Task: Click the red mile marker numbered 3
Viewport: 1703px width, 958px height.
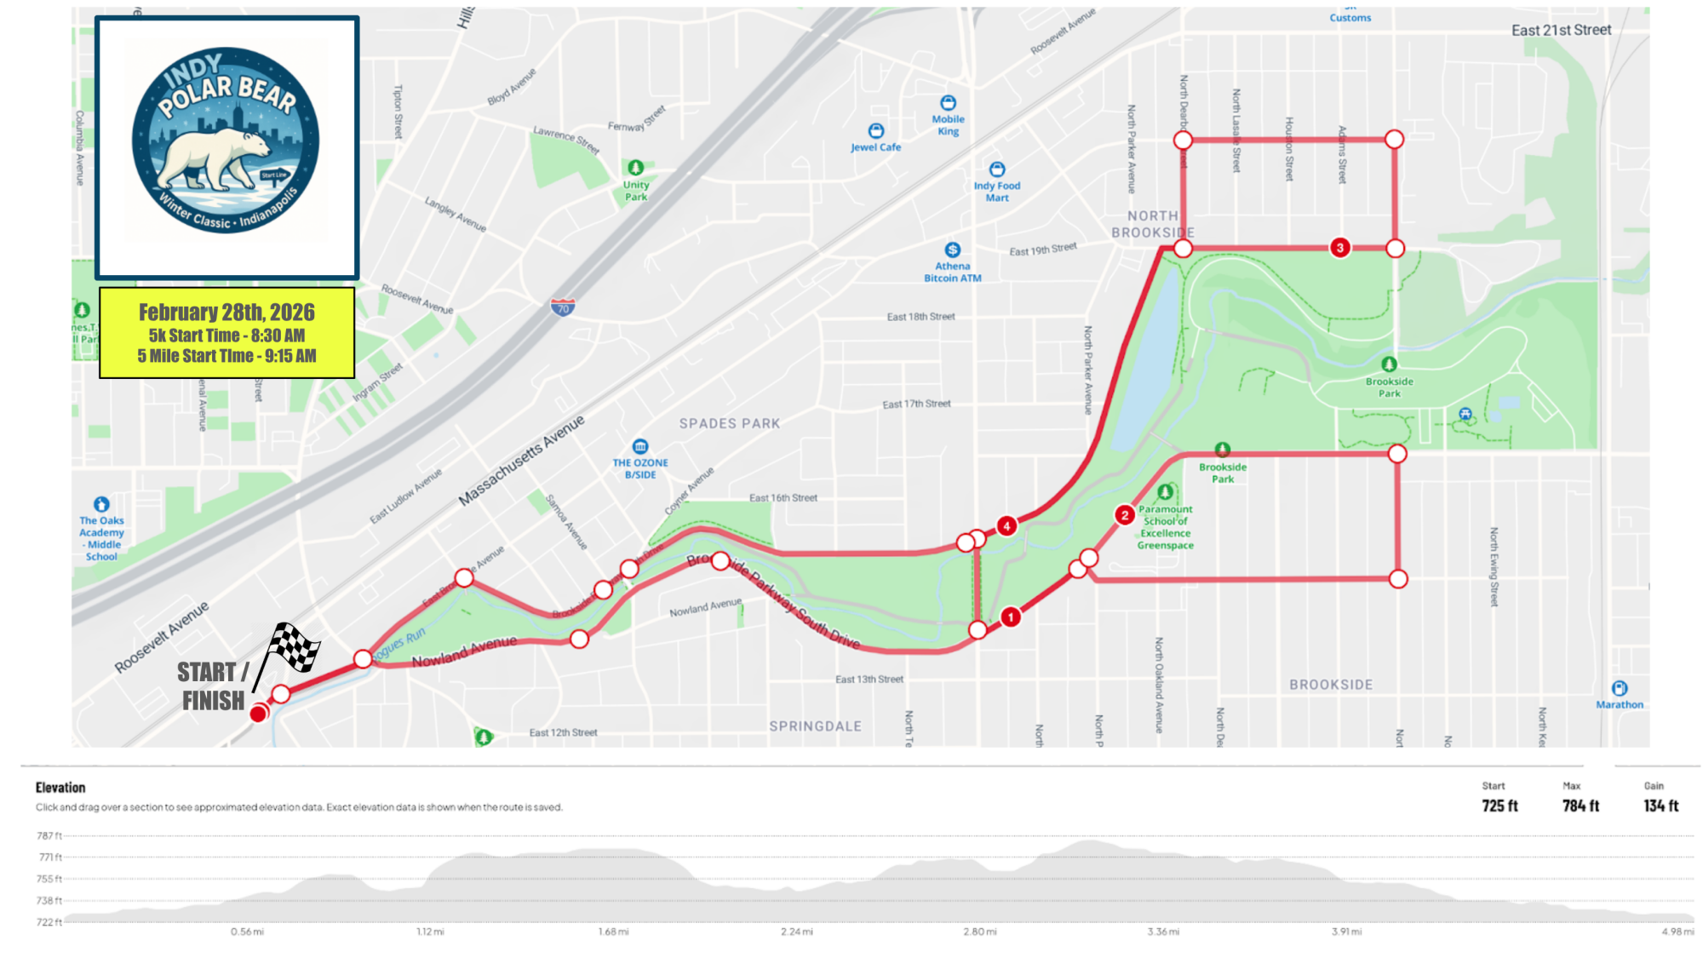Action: pyautogui.click(x=1340, y=248)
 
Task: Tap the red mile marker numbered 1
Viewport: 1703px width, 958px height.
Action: pyautogui.click(x=1011, y=617)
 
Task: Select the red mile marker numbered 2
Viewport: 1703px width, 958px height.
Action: pyautogui.click(x=1125, y=514)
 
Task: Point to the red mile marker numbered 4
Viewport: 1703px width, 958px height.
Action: pyautogui.click(x=1006, y=525)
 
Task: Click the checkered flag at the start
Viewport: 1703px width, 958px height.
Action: pyautogui.click(x=293, y=648)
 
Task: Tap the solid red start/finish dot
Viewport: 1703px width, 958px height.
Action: pyautogui.click(x=259, y=714)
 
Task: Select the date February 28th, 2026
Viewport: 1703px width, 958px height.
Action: pyautogui.click(x=226, y=313)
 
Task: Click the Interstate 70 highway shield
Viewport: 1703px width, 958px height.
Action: pyautogui.click(x=563, y=307)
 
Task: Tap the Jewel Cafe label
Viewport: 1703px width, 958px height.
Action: pyautogui.click(x=875, y=147)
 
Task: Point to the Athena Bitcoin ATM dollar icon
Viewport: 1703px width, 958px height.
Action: pyautogui.click(x=953, y=250)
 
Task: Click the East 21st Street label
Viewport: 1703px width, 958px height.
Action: pyautogui.click(x=1561, y=31)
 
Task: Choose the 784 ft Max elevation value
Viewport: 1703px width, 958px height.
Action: pyautogui.click(x=1580, y=806)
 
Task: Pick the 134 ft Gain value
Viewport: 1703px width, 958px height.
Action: pyautogui.click(x=1660, y=806)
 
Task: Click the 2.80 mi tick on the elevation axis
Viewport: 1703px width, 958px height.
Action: pyautogui.click(x=979, y=932)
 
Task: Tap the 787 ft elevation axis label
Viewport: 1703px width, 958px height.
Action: pyautogui.click(x=49, y=835)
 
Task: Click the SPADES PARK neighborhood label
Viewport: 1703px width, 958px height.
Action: pyautogui.click(x=730, y=423)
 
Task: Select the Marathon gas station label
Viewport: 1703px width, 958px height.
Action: pyautogui.click(x=1620, y=704)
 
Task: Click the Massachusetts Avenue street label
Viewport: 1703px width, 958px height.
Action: pyautogui.click(x=521, y=461)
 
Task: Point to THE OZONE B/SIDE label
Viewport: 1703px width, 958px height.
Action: pyautogui.click(x=640, y=468)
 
